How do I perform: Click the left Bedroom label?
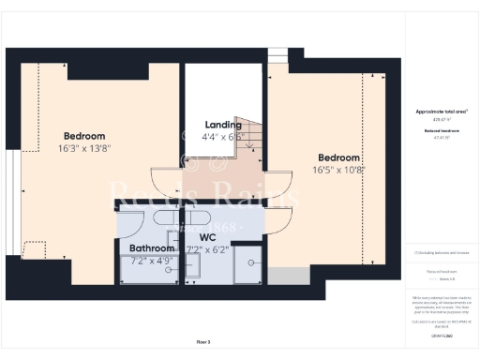point(84,136)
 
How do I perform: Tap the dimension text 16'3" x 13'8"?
point(84,148)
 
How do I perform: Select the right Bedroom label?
point(337,157)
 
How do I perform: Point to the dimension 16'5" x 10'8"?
point(337,170)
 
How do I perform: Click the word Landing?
point(223,125)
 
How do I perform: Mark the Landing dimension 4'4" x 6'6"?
point(223,137)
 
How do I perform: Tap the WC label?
point(209,237)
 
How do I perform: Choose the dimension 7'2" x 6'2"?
point(209,249)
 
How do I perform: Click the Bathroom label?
point(153,248)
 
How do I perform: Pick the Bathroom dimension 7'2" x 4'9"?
point(153,261)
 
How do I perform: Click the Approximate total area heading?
point(442,111)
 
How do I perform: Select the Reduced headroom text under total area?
point(442,130)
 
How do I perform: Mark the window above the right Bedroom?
point(278,58)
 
